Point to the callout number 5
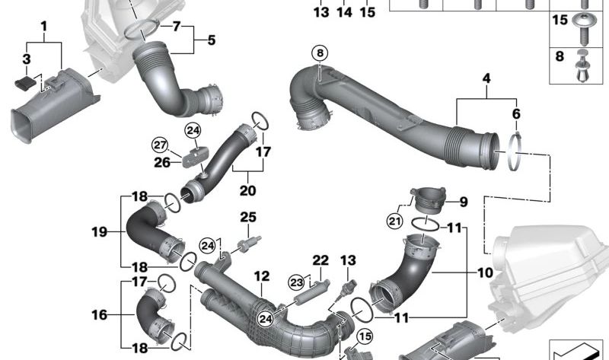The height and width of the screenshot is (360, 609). pyautogui.click(x=211, y=39)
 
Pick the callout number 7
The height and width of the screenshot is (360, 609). pyautogui.click(x=177, y=27)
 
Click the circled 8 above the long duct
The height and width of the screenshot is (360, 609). pyautogui.click(x=319, y=53)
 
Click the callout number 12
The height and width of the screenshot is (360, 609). pyautogui.click(x=262, y=276)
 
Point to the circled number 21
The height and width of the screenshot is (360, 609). pyautogui.click(x=394, y=221)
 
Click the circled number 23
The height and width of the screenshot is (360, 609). pyautogui.click(x=296, y=282)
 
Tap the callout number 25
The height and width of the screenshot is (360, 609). pyautogui.click(x=248, y=218)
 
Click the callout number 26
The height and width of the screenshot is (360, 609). pyautogui.click(x=161, y=161)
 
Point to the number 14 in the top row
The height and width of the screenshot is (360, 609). pyautogui.click(x=344, y=12)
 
